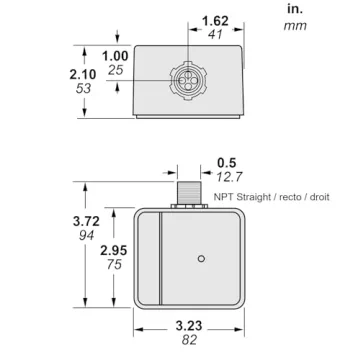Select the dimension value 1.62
click(214, 21)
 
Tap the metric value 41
click(214, 35)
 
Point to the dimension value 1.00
click(117, 55)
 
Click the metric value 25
click(116, 70)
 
